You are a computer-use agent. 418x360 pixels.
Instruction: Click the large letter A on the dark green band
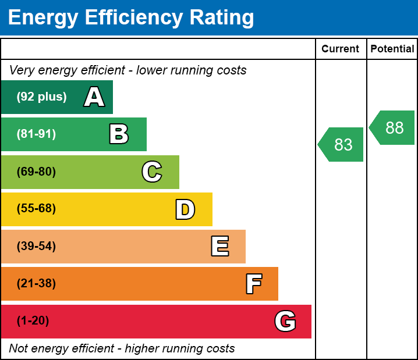click(x=94, y=97)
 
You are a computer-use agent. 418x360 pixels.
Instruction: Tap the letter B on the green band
click(x=119, y=134)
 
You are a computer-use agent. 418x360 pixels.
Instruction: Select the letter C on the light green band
click(x=152, y=172)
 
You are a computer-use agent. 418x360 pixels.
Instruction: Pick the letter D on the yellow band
click(x=185, y=209)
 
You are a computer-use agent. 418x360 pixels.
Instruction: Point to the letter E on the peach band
click(x=219, y=247)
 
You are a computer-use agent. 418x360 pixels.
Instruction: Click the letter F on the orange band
click(x=253, y=284)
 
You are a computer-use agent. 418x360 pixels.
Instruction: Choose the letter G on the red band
click(x=285, y=321)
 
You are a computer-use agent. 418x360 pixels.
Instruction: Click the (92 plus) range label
click(x=41, y=97)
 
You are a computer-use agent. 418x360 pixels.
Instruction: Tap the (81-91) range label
click(x=36, y=134)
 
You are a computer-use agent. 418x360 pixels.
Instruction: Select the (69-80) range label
click(x=36, y=172)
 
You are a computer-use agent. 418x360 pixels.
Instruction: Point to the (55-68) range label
click(x=36, y=209)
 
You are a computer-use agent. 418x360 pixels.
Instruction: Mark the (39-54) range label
click(x=36, y=247)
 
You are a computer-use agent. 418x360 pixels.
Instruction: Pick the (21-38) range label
click(x=36, y=284)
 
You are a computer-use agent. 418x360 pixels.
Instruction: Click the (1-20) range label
click(x=33, y=321)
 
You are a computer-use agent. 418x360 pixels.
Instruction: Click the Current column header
click(x=341, y=49)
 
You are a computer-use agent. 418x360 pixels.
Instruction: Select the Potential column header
click(x=392, y=49)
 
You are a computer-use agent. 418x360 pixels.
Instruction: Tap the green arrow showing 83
click(x=341, y=144)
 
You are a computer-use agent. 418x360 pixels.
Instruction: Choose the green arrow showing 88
click(x=392, y=127)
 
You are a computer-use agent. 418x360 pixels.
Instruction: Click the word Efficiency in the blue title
click(x=129, y=18)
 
